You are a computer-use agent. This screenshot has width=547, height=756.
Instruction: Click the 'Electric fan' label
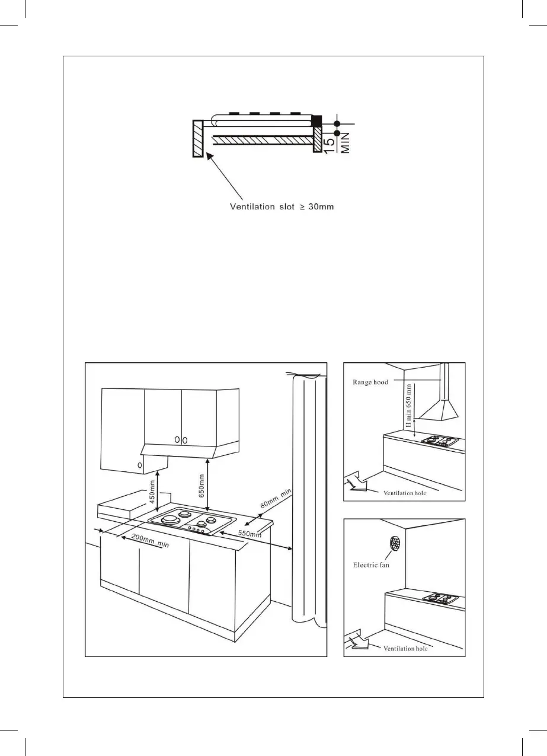[370, 565]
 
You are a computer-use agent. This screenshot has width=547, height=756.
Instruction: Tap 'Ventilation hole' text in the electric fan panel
[405, 648]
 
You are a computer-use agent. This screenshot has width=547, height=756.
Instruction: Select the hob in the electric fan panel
[440, 598]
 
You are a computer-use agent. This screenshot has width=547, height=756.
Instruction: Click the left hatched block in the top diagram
[197, 139]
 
